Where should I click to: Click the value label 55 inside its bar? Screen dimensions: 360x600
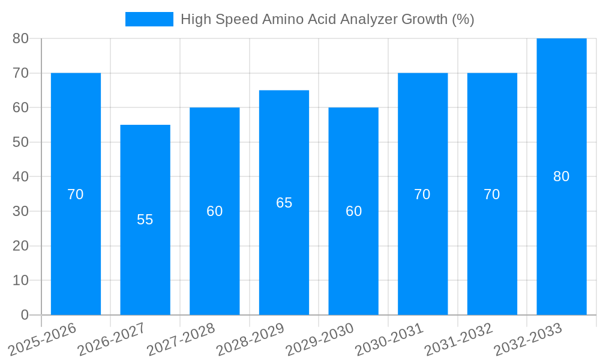pyautogui.click(x=145, y=220)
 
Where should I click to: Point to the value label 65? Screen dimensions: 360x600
pyautogui.click(x=284, y=203)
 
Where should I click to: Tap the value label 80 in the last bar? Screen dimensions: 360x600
pyautogui.click(x=562, y=176)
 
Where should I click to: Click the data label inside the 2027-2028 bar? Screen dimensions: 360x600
pyautogui.click(x=214, y=211)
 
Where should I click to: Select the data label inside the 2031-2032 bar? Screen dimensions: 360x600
pyautogui.click(x=492, y=194)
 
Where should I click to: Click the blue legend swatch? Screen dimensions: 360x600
pyautogui.click(x=149, y=19)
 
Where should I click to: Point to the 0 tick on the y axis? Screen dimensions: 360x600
pyautogui.click(x=25, y=315)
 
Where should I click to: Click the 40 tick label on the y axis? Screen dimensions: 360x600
pyautogui.click(x=20, y=177)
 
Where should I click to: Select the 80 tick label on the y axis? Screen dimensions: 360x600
pyautogui.click(x=20, y=38)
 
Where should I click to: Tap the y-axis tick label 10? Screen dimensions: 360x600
pyautogui.click(x=20, y=280)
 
